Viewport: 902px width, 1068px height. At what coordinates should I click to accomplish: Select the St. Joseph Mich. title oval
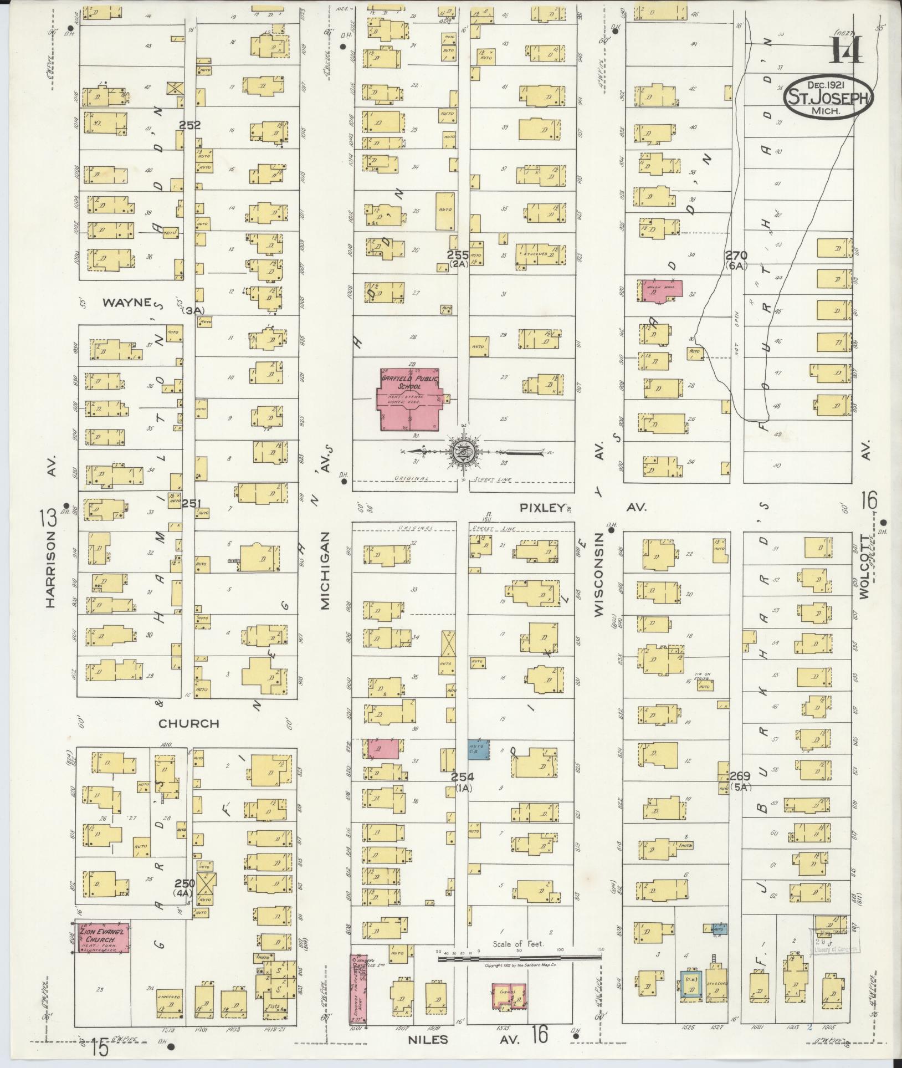(828, 96)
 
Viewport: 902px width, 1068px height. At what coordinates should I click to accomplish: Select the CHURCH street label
(189, 723)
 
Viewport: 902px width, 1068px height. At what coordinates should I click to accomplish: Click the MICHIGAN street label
(325, 571)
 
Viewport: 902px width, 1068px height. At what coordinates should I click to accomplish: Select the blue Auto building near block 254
(478, 750)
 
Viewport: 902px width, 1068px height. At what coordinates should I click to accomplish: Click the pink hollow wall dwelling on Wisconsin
(660, 290)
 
